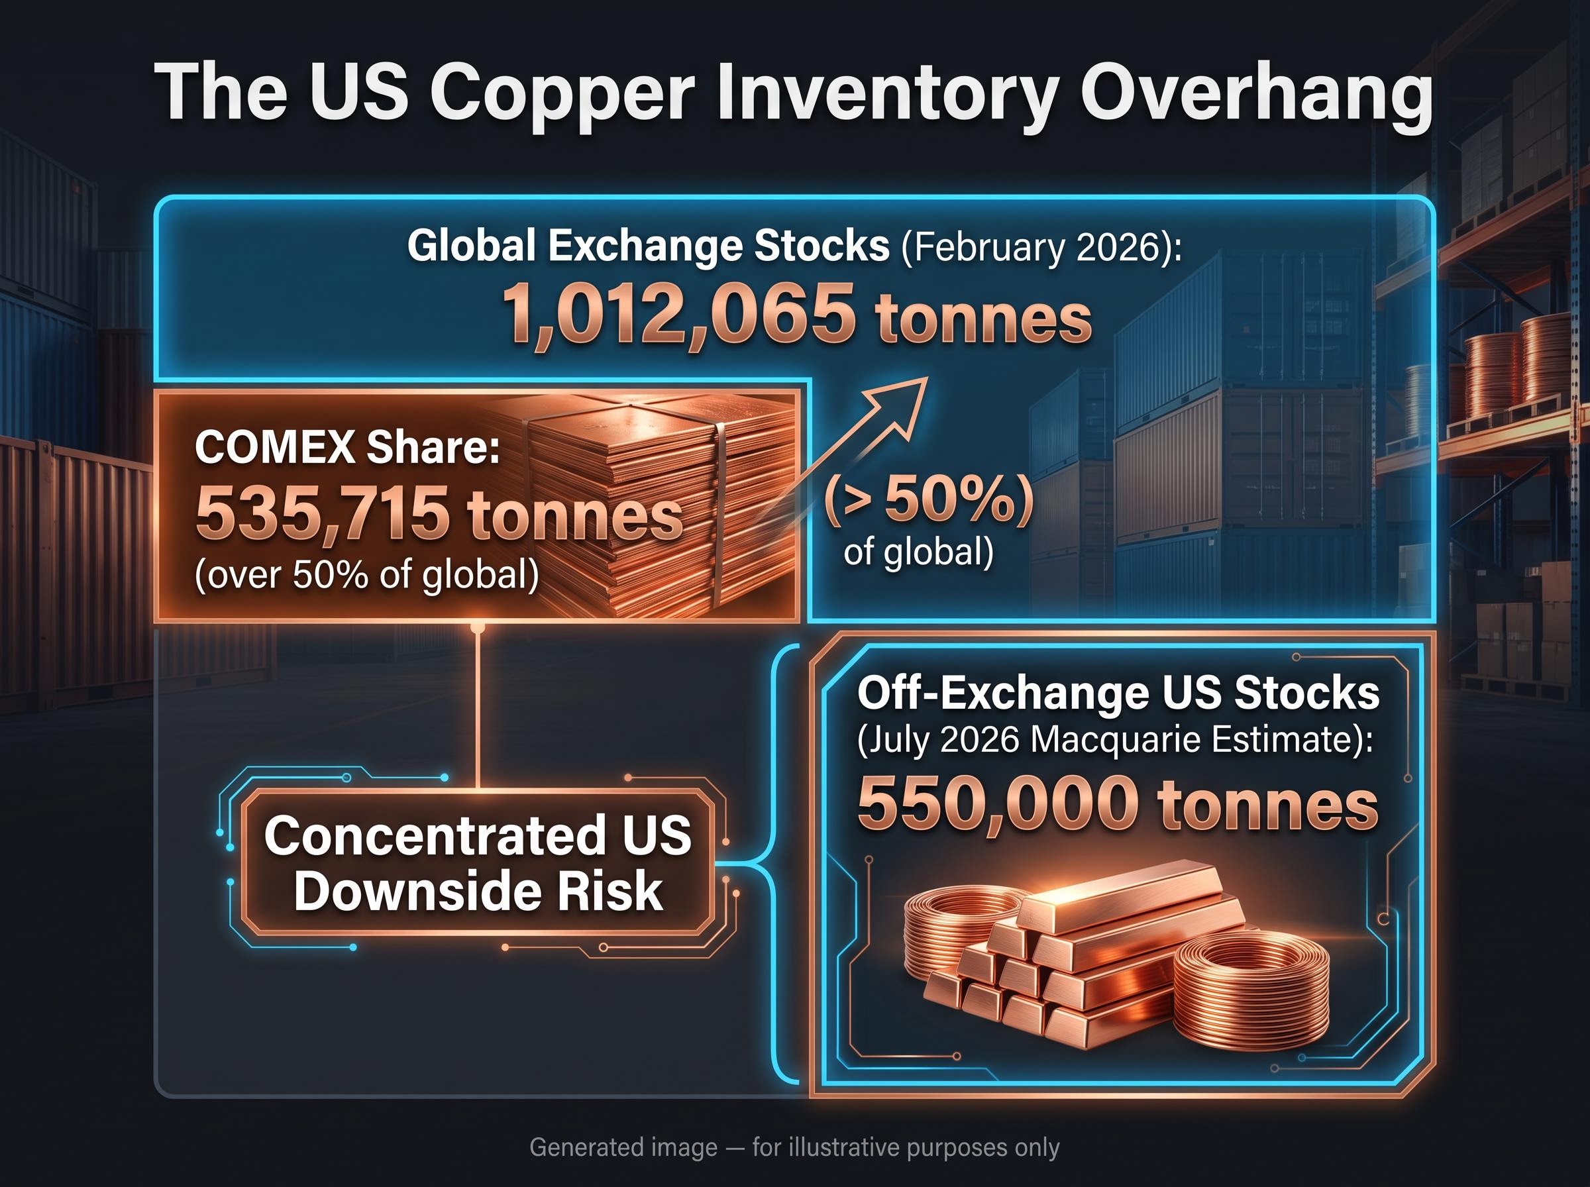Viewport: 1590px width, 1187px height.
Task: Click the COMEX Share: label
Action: point(347,447)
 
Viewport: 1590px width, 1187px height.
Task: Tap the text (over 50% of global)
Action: point(366,575)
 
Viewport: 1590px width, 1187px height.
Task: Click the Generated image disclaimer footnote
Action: point(794,1147)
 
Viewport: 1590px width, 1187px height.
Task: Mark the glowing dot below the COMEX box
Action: point(477,627)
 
